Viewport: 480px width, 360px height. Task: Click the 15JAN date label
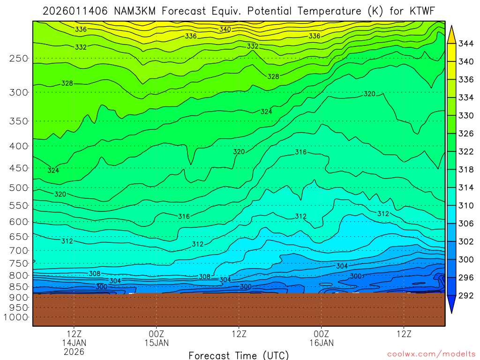coord(156,343)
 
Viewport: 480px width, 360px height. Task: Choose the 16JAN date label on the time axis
coord(321,343)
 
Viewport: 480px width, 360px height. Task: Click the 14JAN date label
coord(74,343)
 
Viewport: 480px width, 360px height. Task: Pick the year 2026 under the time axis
coord(74,351)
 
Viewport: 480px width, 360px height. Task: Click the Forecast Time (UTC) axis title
coord(239,355)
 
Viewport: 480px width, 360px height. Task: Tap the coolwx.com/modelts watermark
coord(431,354)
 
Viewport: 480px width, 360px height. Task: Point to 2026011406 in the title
coord(76,11)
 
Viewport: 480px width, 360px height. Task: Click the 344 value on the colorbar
coord(465,44)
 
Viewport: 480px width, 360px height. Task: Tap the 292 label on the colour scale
coord(465,295)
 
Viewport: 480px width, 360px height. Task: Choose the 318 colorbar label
coord(465,170)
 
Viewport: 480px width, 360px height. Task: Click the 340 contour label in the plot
coord(225,30)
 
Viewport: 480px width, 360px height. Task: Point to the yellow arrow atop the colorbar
coord(452,34)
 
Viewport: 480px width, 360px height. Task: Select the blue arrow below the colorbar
coord(452,305)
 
